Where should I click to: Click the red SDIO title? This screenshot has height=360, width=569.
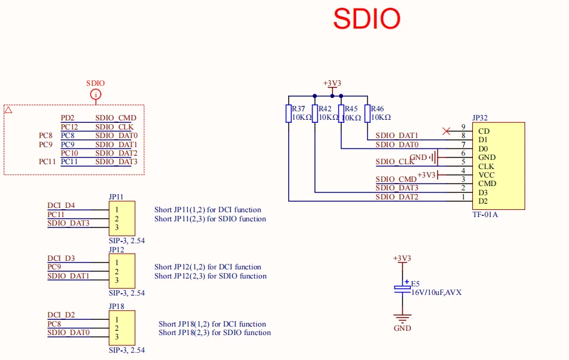[x=367, y=19]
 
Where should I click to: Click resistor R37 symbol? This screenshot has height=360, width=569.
[x=288, y=114]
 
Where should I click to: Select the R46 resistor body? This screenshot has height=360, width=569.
[x=367, y=114]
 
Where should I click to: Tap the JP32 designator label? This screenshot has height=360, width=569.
[x=480, y=118]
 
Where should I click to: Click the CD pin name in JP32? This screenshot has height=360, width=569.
[x=484, y=131]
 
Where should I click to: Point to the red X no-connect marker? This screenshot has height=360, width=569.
[x=447, y=131]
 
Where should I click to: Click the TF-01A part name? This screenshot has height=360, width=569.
[x=485, y=215]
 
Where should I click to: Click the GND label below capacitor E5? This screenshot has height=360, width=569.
[x=402, y=328]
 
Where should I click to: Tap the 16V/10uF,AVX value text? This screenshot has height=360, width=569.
[x=436, y=292]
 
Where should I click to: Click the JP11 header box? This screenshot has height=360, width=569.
[x=122, y=219]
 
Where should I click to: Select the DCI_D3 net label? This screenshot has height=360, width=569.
[x=61, y=258]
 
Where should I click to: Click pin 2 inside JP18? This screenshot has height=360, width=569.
[x=116, y=328]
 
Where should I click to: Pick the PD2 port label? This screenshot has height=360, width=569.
[x=67, y=118]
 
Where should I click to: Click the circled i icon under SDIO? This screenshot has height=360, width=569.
[x=95, y=94]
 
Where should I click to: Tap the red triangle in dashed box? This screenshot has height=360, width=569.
[x=9, y=110]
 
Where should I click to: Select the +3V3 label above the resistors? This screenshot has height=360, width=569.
[x=332, y=83]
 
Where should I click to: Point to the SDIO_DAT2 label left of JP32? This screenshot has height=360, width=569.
[x=396, y=197]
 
